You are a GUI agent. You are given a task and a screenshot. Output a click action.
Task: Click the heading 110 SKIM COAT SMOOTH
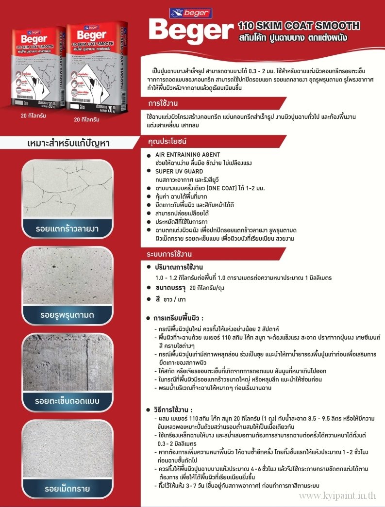[x=299, y=26]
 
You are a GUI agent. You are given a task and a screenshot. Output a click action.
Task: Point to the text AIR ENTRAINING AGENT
[x=187, y=155]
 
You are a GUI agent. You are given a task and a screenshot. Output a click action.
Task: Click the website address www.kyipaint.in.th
[x=338, y=495]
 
